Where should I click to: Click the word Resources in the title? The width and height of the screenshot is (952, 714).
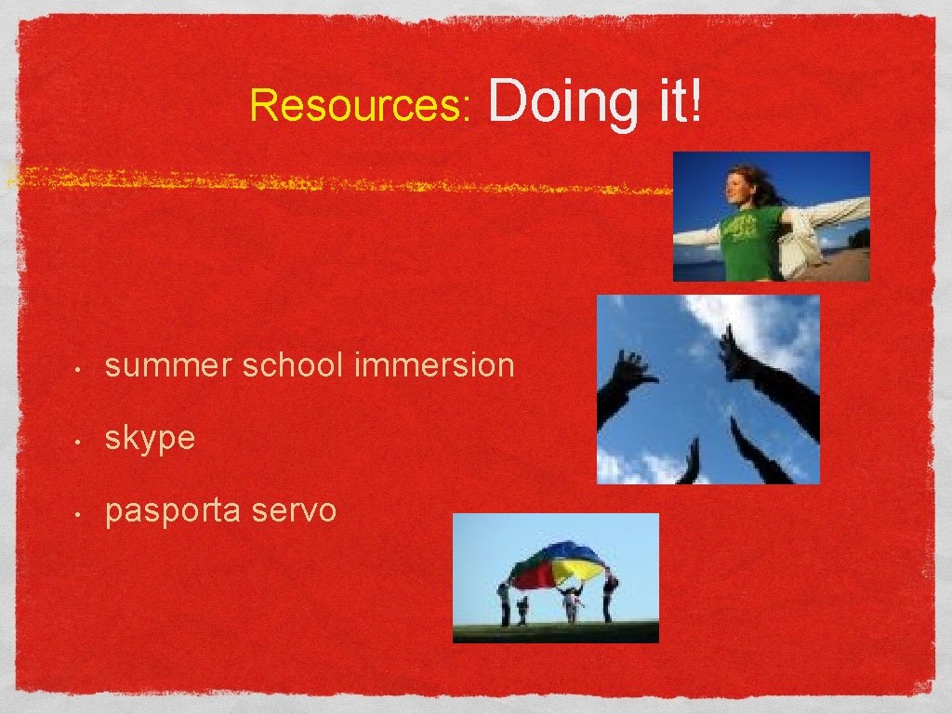tap(361, 106)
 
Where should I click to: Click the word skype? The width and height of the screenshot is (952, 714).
tap(150, 439)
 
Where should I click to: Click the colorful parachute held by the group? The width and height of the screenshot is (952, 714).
tap(558, 564)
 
